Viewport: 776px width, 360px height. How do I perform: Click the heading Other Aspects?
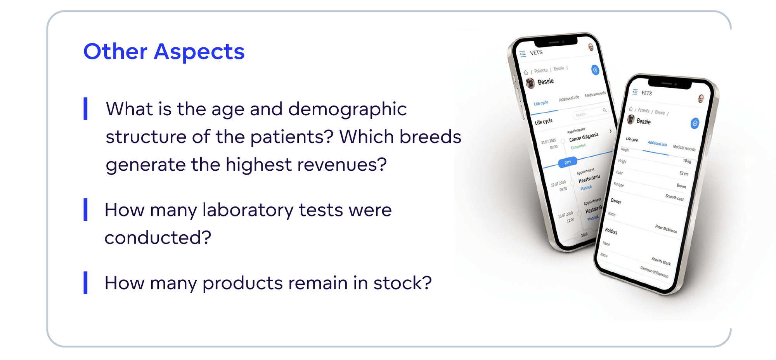point(164,52)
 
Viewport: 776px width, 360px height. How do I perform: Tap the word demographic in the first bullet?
point(347,109)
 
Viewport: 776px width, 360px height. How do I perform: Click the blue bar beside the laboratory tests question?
point(85,209)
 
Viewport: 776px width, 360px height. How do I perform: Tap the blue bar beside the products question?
point(85,282)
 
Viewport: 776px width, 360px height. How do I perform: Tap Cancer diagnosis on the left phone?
point(584,137)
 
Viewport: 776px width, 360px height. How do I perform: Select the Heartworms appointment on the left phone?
point(589,179)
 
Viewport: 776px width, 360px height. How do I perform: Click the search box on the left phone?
point(590,113)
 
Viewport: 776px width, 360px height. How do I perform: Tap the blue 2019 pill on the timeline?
point(568,162)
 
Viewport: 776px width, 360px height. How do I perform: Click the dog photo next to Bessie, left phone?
point(530,83)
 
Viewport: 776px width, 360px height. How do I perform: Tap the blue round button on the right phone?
point(695,123)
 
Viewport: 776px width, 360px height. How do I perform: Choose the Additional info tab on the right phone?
point(657,144)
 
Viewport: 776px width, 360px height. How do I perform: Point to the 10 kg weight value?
point(687,161)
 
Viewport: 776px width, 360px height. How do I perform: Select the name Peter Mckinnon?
point(666,229)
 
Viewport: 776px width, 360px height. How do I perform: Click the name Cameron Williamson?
point(654,272)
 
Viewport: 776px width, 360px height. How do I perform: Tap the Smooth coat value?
point(674,197)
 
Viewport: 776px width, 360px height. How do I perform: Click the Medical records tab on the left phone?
point(595,94)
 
